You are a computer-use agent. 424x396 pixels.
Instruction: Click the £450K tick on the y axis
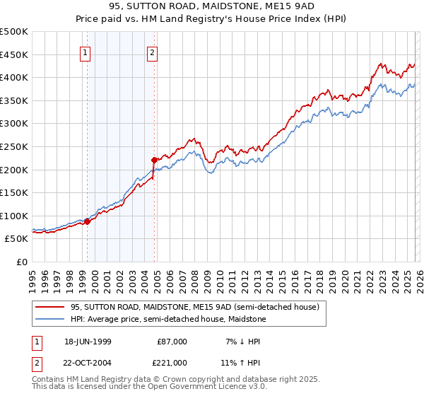point(15,54)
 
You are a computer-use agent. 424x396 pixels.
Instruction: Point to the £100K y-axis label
point(15,216)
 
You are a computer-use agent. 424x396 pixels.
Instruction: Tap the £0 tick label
point(23,262)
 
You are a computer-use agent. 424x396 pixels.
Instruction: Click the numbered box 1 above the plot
point(86,52)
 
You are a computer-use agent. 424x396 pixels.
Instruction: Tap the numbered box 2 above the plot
point(152,52)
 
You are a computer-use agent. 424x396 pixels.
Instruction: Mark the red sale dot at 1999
point(88,221)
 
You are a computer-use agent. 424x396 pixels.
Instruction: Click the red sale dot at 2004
point(155,160)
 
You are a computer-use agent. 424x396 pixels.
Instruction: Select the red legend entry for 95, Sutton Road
point(195,307)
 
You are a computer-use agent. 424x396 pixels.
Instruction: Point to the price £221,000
point(172,363)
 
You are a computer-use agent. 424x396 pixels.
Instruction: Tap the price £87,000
point(172,342)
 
